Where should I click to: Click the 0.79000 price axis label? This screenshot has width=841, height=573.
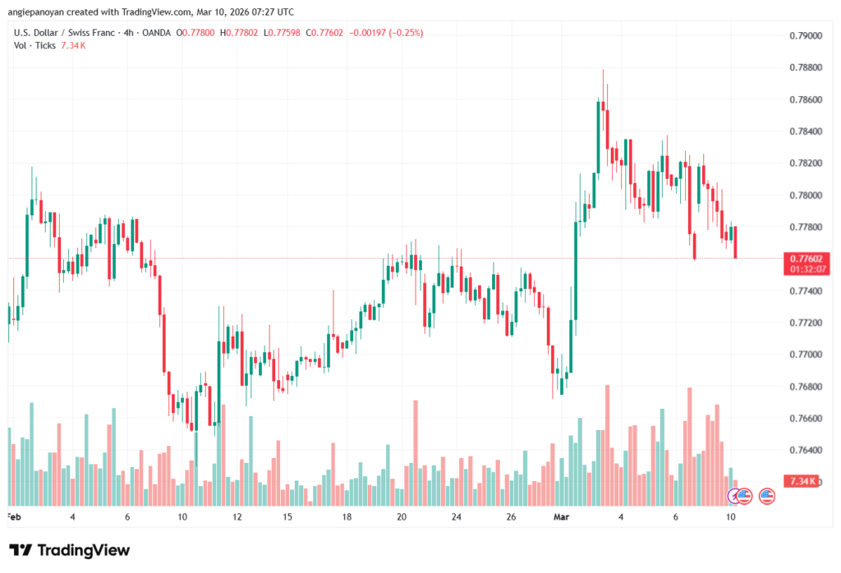802,36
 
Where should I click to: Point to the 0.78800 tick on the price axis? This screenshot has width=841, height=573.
802,68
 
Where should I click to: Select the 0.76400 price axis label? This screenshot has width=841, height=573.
802,450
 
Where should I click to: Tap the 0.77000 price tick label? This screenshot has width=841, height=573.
802,355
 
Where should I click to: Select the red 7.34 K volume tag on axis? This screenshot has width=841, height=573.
800,480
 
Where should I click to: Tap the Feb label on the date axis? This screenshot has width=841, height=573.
13,517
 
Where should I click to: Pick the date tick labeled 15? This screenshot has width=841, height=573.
287,517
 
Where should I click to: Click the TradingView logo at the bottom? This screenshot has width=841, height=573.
69,550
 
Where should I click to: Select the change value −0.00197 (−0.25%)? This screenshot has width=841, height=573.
386,33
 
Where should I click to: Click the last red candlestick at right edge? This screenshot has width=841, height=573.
735,242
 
